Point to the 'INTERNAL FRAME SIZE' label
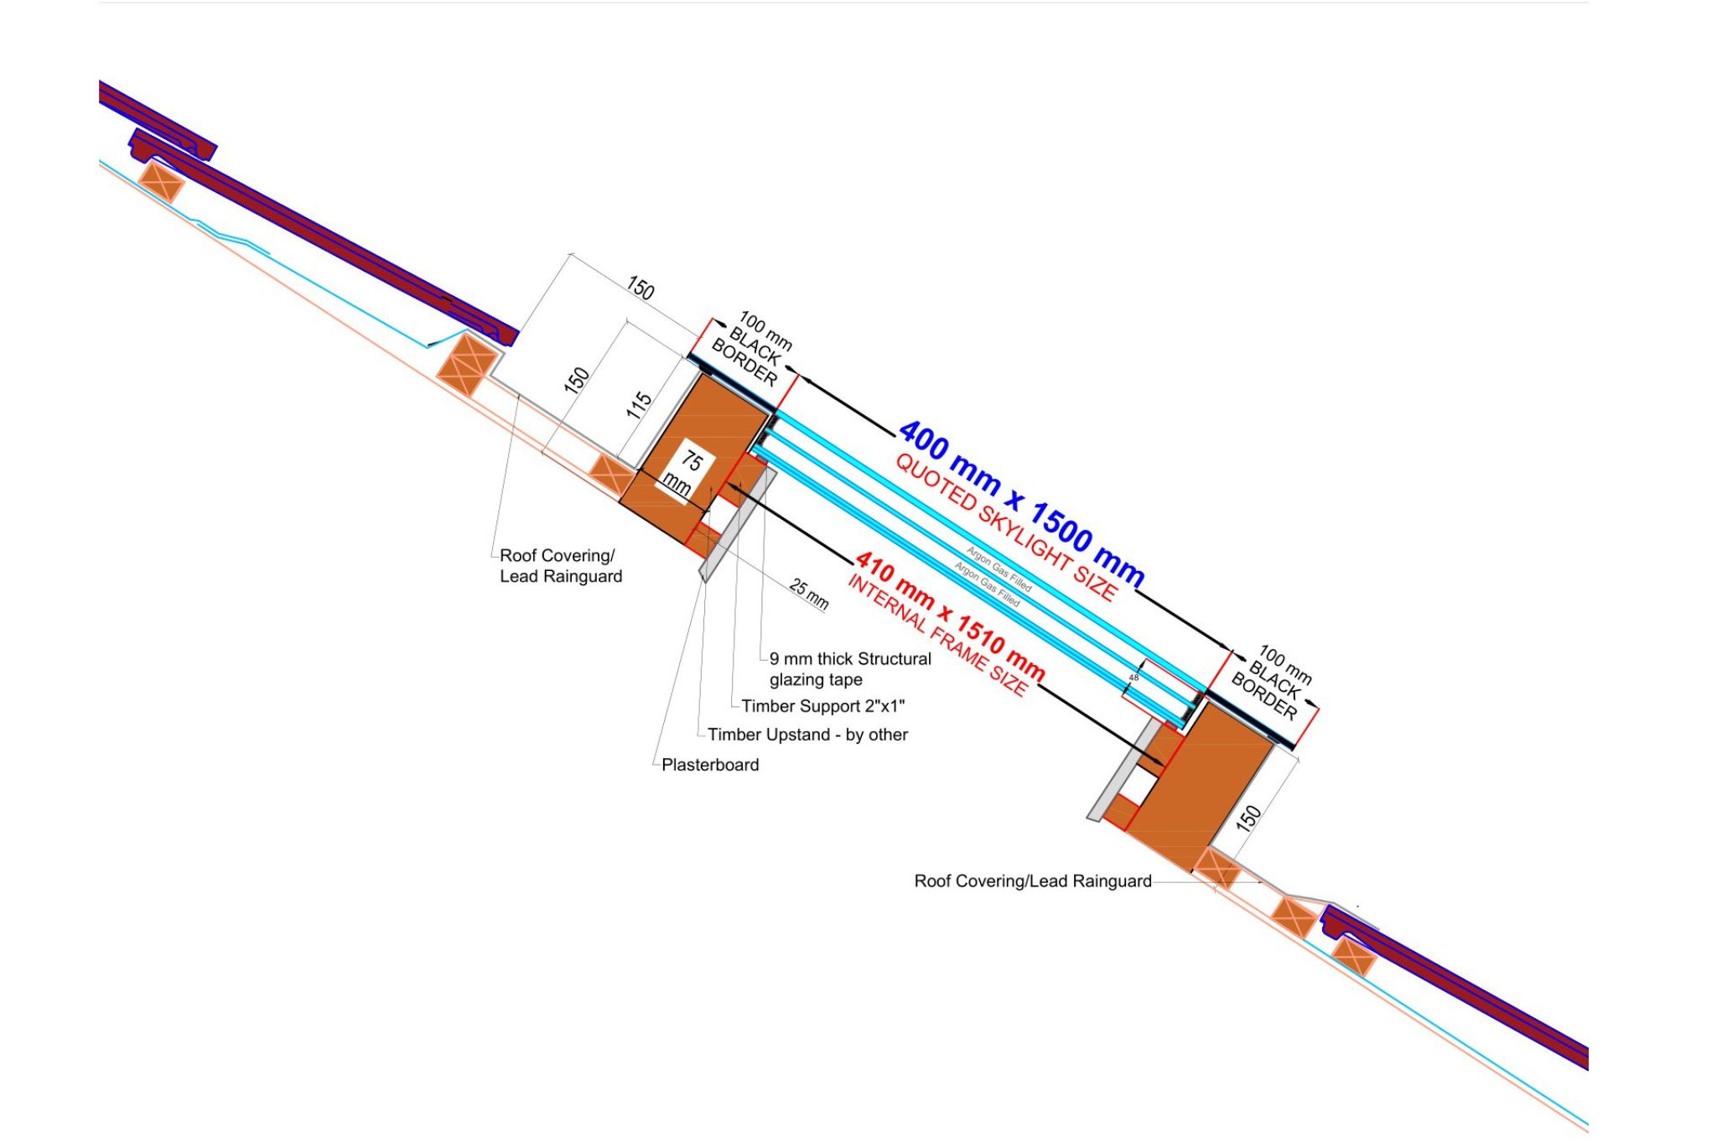coord(936,636)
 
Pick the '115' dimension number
coord(639,405)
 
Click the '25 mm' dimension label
coord(809,594)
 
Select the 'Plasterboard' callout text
coord(710,765)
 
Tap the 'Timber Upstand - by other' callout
coord(807,735)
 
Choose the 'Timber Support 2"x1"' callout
coord(822,706)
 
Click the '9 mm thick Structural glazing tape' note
coord(849,669)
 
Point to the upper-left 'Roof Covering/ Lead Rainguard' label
coord(560,566)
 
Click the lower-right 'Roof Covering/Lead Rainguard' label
coord(1032,881)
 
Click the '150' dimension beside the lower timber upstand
coord(1248,817)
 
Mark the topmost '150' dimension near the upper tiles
coord(640,288)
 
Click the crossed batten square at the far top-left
coord(161,182)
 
